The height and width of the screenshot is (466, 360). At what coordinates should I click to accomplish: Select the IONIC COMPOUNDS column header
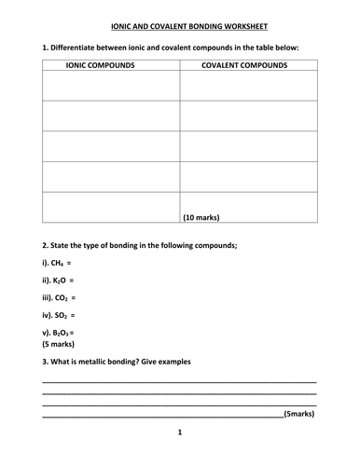tap(103, 66)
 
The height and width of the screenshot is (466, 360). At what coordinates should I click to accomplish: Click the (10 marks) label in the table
tap(201, 216)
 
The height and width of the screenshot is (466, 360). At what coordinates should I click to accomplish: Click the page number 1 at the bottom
tap(179, 433)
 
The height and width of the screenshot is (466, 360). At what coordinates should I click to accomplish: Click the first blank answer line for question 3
tap(179, 380)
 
